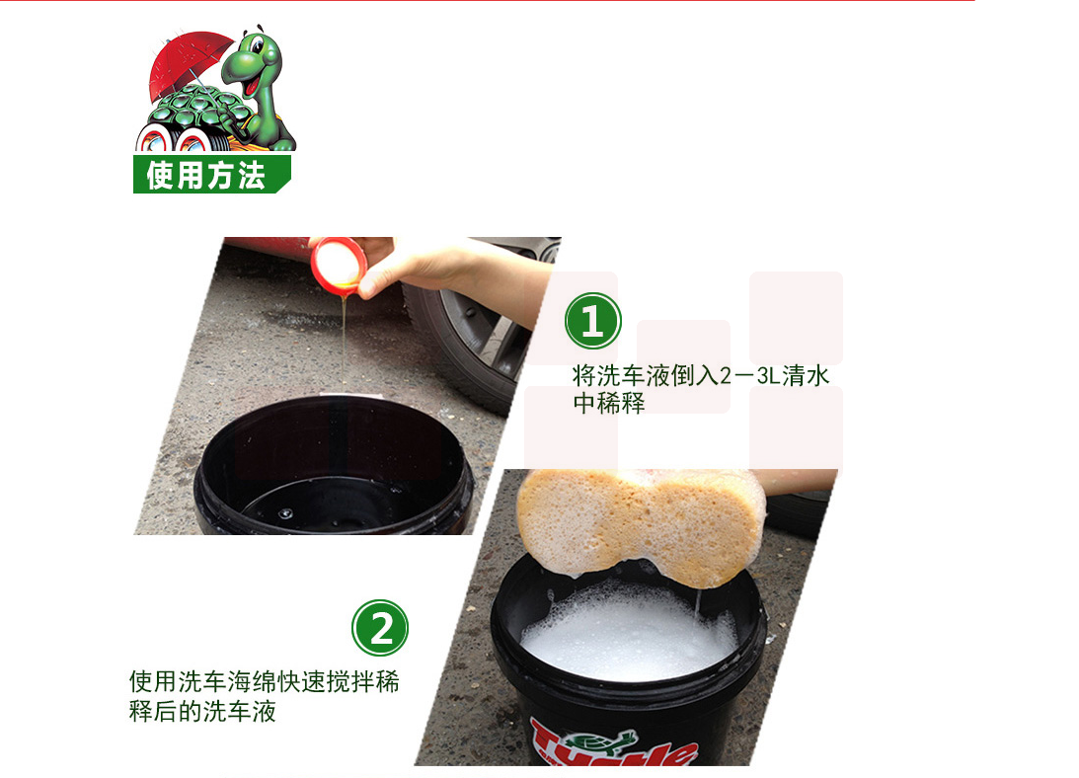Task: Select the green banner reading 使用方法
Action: (x=212, y=174)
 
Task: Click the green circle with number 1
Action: (x=592, y=321)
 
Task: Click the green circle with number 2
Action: (x=380, y=628)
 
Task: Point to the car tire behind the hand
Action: (x=468, y=345)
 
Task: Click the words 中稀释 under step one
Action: (x=609, y=403)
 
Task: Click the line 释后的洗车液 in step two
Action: (x=202, y=711)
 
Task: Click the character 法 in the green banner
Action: (x=251, y=175)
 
